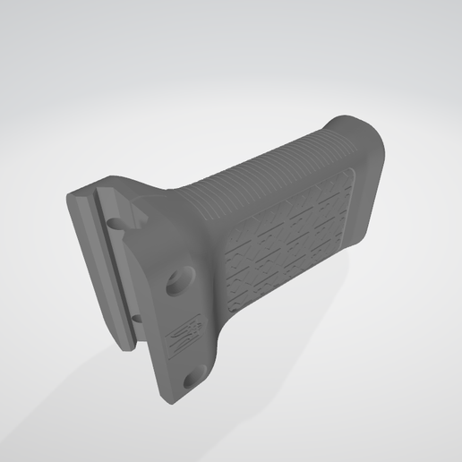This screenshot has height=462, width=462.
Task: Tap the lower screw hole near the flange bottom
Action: tap(190, 381)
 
